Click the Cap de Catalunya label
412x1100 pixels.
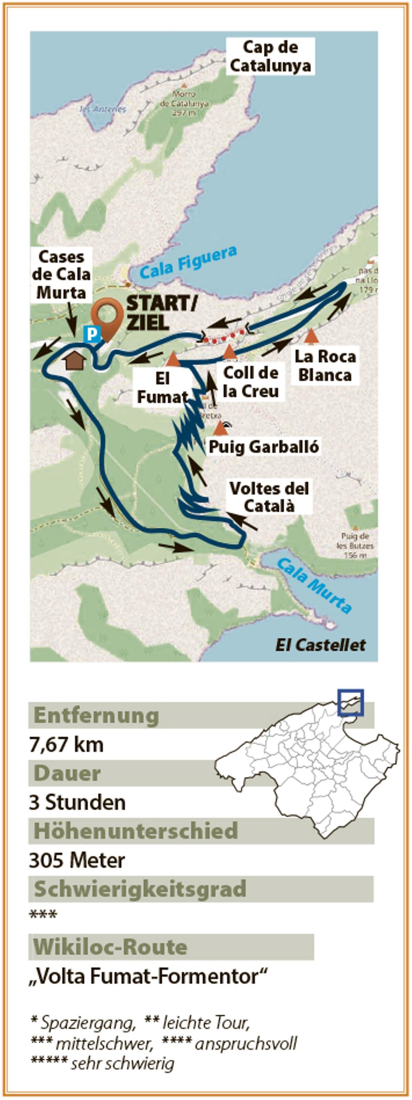[x=270, y=56]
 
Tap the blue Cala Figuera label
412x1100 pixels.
[x=188, y=262]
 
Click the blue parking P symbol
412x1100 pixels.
[x=92, y=334]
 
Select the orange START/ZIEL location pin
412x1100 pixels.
[x=107, y=316]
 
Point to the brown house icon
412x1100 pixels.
[x=75, y=361]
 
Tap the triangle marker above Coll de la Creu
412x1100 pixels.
[x=229, y=352]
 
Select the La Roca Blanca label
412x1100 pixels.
[x=325, y=366]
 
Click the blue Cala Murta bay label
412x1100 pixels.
[x=314, y=585]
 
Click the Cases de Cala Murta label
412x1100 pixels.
[x=61, y=275]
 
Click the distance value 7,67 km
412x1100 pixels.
[x=66, y=744]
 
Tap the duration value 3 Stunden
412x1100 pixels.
[x=77, y=802]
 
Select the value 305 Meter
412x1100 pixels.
[x=77, y=860]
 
